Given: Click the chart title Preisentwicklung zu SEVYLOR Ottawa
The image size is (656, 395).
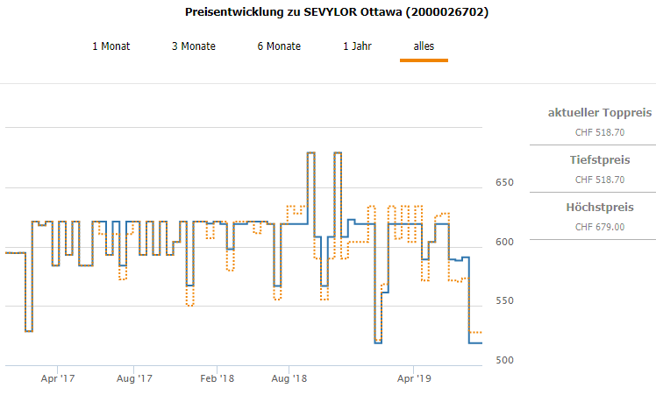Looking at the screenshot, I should click(x=337, y=12).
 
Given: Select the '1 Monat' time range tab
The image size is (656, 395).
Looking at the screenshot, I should click(x=111, y=46).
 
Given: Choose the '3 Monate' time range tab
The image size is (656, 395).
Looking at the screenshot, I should click(x=193, y=46).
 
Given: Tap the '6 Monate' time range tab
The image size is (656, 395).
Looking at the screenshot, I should click(x=279, y=46).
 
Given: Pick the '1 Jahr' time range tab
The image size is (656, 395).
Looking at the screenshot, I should click(x=358, y=46).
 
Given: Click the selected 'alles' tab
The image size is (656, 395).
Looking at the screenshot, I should click(x=424, y=46).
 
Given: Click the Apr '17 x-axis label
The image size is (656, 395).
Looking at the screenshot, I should click(x=58, y=379).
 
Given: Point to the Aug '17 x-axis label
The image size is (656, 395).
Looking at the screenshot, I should click(x=133, y=379).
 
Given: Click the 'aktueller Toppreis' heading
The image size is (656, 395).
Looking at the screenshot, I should click(x=599, y=113).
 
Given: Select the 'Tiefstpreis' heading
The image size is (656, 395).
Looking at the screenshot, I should click(x=599, y=159).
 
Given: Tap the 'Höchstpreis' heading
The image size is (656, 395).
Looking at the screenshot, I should click(x=599, y=207).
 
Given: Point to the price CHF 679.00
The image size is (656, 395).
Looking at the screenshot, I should click(x=599, y=227).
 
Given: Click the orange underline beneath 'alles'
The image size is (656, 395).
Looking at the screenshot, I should click(x=424, y=60).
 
